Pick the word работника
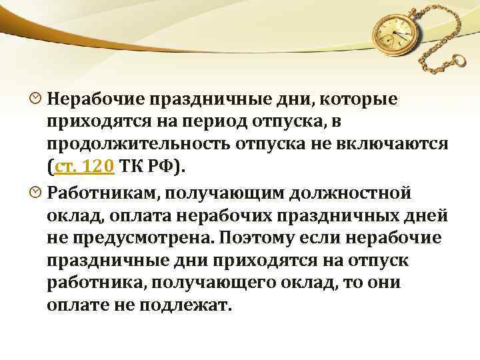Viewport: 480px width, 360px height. coord(96,283)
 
